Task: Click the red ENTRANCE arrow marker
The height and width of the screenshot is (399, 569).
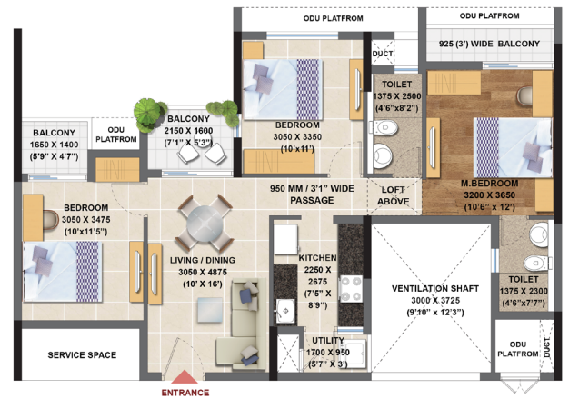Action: [x=185, y=379]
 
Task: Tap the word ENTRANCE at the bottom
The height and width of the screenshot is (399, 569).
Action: [x=185, y=393]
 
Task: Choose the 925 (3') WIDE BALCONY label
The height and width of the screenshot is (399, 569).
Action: [x=488, y=44]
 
